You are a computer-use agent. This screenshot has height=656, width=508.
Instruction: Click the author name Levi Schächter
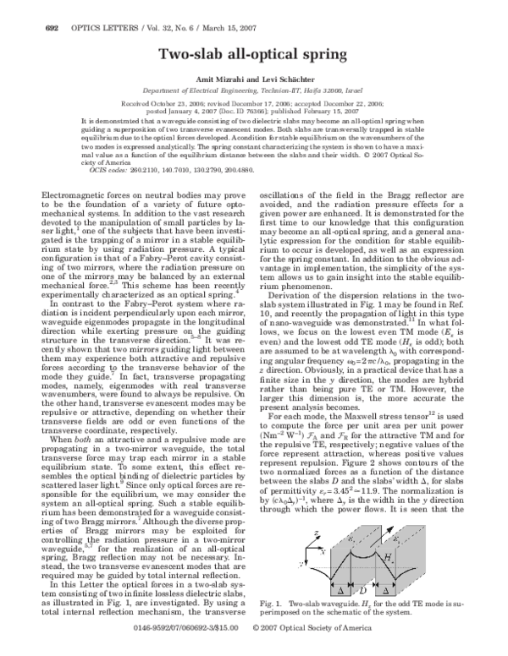298,78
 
